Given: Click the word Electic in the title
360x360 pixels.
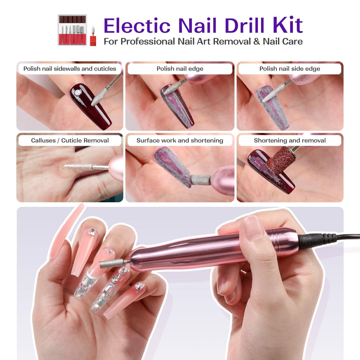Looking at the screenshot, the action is coord(137,25).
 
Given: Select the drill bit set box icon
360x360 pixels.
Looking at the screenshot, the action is coord(72,30).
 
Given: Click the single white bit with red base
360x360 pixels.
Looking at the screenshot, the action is coord(93,36).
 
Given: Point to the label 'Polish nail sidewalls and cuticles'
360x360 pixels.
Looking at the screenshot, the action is coord(69,69).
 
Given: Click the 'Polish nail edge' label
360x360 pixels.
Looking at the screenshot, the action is coord(180,69).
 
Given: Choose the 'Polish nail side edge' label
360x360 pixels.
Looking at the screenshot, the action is coord(290,69).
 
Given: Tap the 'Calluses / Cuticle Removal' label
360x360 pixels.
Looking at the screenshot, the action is coord(69,140).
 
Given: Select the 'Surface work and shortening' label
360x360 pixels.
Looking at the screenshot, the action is coord(180,140).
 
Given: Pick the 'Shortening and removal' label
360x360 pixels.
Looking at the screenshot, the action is coord(290,140).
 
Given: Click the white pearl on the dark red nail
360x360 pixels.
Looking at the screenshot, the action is coord(78,92).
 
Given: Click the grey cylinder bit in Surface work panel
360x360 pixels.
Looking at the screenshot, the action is coord(200,180).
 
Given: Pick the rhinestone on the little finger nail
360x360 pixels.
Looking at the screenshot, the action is coord(139,286).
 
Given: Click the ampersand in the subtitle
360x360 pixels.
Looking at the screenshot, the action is coord(257,41).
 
